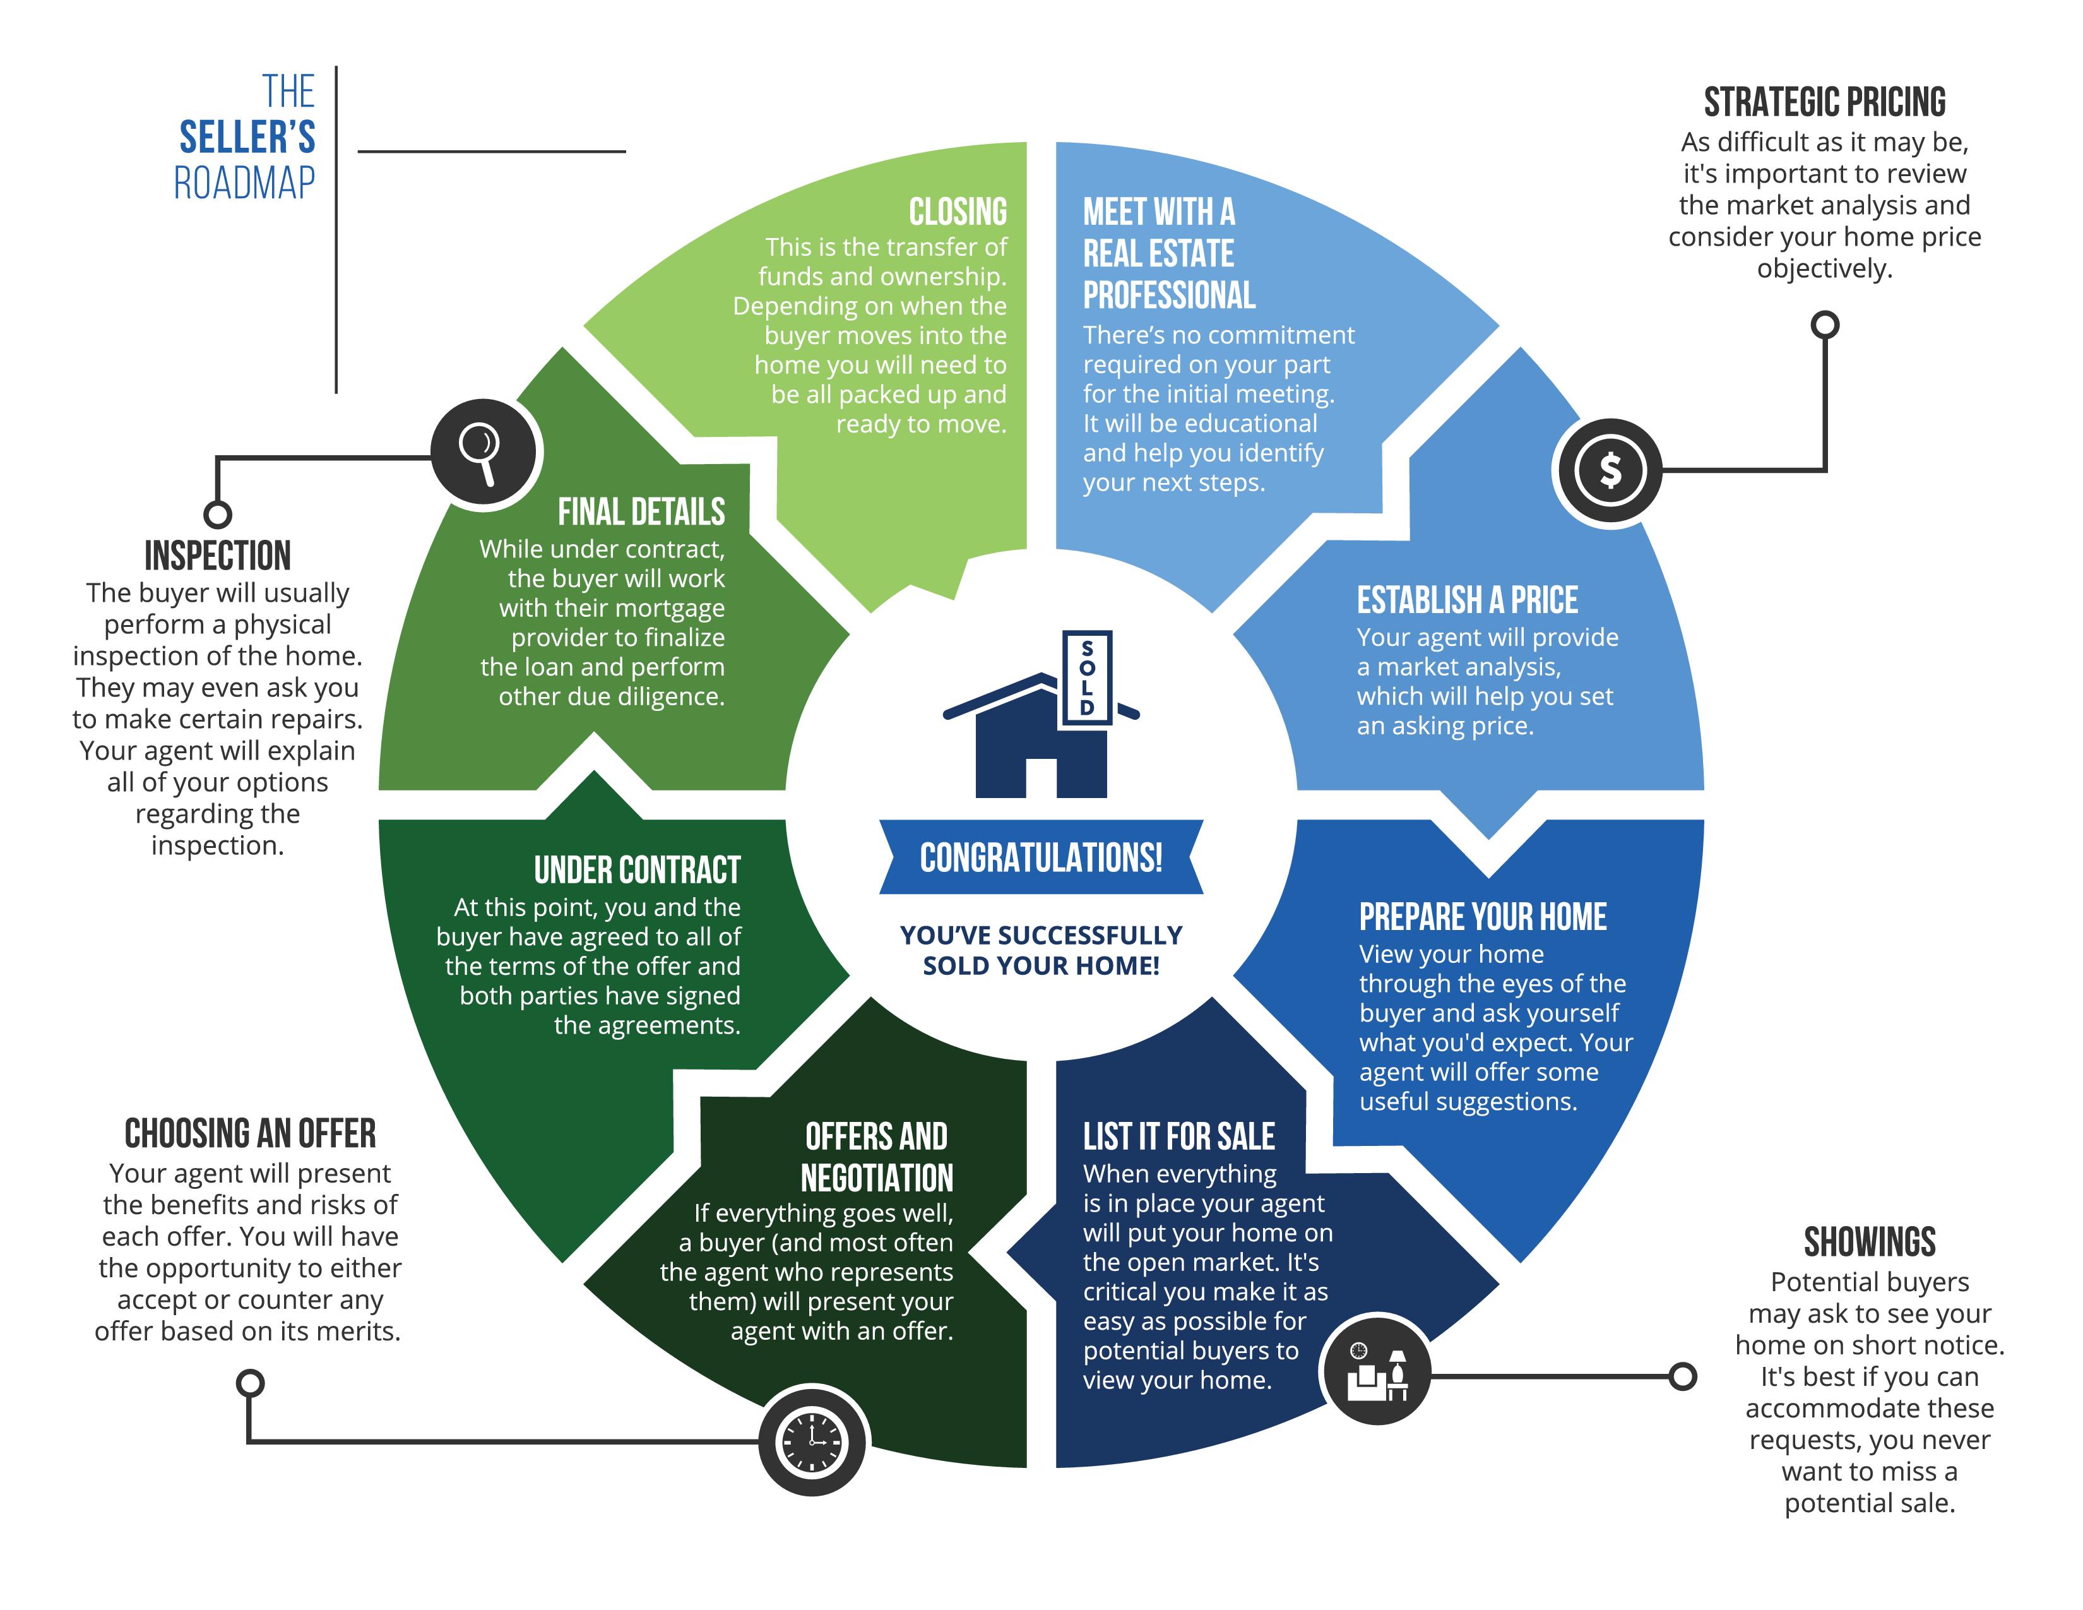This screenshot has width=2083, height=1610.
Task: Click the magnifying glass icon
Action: (485, 451)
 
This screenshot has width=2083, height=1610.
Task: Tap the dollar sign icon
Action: (1610, 470)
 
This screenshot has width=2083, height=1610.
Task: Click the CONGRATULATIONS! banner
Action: (1040, 857)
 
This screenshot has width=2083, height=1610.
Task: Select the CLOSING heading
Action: (958, 211)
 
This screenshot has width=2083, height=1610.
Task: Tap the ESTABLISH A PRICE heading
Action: (1467, 600)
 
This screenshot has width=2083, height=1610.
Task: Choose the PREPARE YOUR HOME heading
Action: (1482, 917)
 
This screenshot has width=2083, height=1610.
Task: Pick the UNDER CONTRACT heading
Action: (637, 870)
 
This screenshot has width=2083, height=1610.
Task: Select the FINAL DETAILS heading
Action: (641, 512)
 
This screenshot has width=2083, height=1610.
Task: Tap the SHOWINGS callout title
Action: (1870, 1242)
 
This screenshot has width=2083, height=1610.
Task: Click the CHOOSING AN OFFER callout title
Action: (250, 1133)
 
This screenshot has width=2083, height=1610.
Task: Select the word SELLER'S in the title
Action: (247, 138)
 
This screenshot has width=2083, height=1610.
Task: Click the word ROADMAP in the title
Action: (244, 182)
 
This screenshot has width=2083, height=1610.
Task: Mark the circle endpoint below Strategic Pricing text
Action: (1825, 325)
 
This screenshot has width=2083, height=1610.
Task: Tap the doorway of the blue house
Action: (1040, 777)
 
